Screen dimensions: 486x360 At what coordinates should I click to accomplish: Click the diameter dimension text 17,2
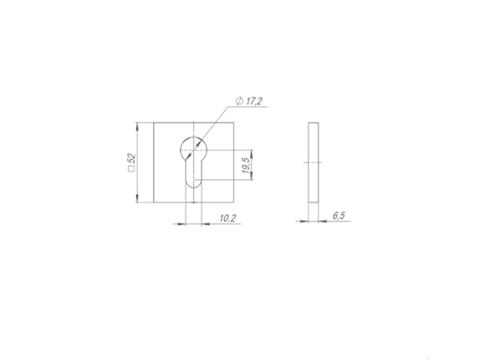point(254,101)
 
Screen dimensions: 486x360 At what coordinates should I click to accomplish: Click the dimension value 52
point(133,158)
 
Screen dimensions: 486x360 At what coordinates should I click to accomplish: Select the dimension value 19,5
point(246,165)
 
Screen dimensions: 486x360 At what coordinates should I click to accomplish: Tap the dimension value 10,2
point(228,218)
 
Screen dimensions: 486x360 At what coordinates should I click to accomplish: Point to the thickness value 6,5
point(339,216)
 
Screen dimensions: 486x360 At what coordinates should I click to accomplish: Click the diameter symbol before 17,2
point(239,101)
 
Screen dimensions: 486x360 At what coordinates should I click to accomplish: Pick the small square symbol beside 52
point(132,169)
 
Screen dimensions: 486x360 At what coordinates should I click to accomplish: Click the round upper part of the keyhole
point(194,137)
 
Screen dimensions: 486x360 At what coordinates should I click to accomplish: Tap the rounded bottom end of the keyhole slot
point(194,188)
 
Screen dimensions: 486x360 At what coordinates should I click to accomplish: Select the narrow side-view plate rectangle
point(313,163)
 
